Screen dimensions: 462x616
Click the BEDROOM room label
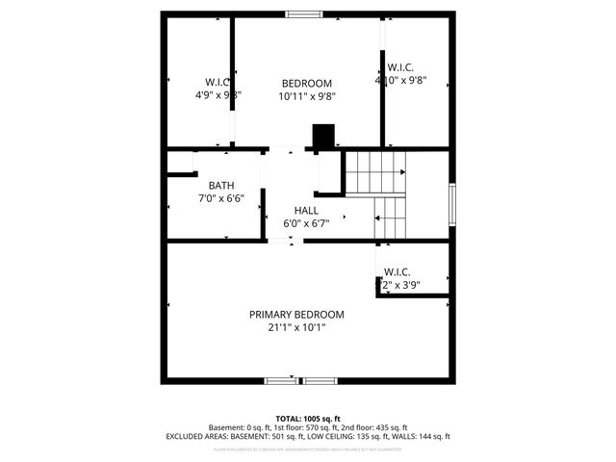pyautogui.click(x=306, y=83)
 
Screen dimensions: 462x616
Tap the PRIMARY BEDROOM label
pyautogui.click(x=296, y=315)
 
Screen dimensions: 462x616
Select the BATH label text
pyautogui.click(x=221, y=186)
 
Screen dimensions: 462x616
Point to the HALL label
pyautogui.click(x=306, y=210)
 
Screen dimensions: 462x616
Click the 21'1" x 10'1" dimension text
pyautogui.click(x=296, y=327)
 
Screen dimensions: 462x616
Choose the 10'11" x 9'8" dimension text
pyautogui.click(x=306, y=96)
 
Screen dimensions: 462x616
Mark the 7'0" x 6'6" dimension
pyautogui.click(x=221, y=199)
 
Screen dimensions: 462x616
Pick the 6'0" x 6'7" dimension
pyautogui.click(x=306, y=223)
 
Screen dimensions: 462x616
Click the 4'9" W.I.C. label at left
pyautogui.click(x=218, y=82)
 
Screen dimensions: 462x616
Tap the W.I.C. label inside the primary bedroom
pyautogui.click(x=398, y=272)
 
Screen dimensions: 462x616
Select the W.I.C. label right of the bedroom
pyautogui.click(x=400, y=67)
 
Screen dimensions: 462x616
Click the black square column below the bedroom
pyautogui.click(x=323, y=137)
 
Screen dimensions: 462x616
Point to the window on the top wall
pyautogui.click(x=304, y=13)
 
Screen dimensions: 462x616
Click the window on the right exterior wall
pyautogui.click(x=450, y=204)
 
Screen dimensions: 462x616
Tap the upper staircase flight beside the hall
pyautogui.click(x=374, y=170)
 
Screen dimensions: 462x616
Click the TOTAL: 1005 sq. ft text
pyautogui.click(x=308, y=419)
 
